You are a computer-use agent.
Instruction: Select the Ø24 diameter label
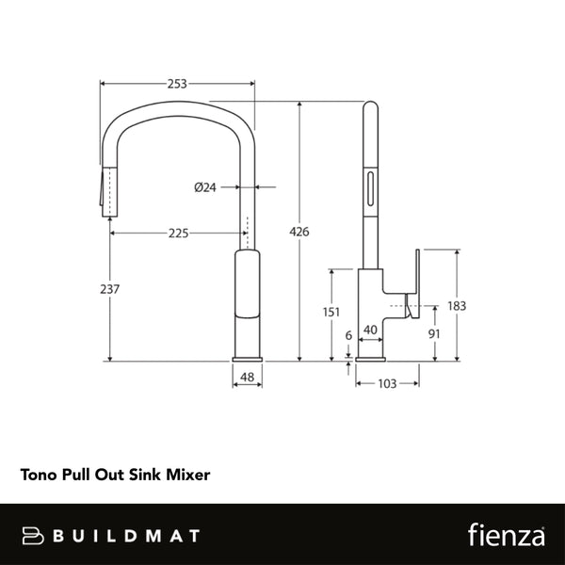205,187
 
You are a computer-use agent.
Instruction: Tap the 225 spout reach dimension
177,233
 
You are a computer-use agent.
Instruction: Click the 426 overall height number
299,232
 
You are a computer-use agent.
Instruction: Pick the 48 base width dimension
248,378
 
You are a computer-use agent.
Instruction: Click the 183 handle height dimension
458,305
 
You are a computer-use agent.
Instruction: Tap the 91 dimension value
434,333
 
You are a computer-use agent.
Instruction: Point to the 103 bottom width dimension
386,382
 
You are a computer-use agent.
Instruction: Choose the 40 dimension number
370,330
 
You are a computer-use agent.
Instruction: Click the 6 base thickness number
348,334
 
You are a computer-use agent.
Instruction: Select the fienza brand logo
507,535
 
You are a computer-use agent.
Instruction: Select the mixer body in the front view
248,301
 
